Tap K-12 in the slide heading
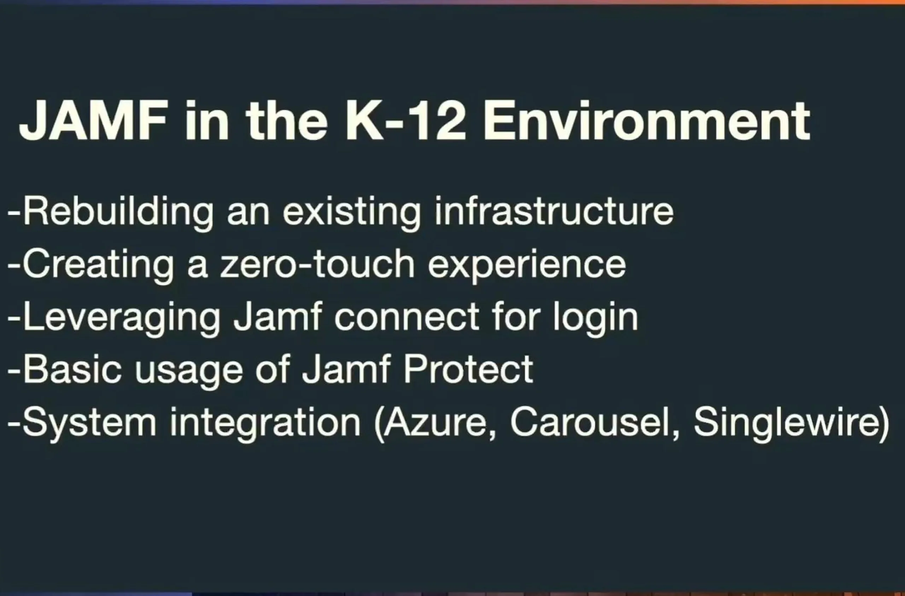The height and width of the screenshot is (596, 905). pyautogui.click(x=405, y=121)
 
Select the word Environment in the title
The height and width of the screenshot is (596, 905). pyautogui.click(x=647, y=121)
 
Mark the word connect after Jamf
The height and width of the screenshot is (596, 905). pyautogui.click(x=407, y=317)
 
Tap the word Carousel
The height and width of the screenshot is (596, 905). pyautogui.click(x=594, y=422)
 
